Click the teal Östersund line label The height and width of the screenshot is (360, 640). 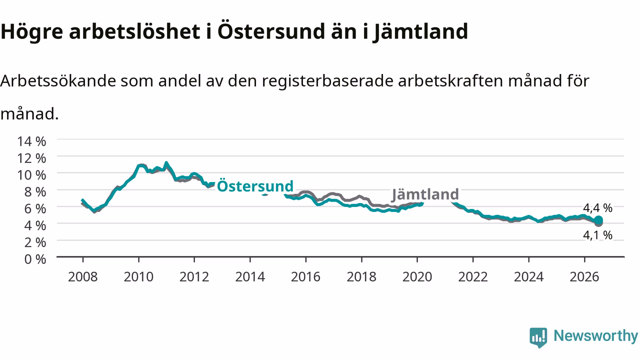pos(255,186)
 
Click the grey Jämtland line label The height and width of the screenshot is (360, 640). pos(425,194)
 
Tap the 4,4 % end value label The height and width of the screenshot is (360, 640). pos(597,208)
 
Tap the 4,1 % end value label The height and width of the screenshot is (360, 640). pos(597,235)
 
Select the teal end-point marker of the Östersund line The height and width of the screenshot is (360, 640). pos(598,220)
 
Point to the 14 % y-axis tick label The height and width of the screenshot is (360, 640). pos(31,141)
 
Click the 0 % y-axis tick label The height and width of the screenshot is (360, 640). pos(35,259)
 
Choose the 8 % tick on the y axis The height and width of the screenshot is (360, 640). pos(35,192)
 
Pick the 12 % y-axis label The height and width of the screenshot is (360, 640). pos(31,158)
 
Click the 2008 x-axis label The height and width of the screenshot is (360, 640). pos(83,277)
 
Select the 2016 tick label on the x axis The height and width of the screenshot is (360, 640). pos(305,277)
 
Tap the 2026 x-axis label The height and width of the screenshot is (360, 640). pos(584,277)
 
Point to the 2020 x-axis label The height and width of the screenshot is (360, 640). pos(417,277)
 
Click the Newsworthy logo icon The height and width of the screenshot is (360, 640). pos(538,337)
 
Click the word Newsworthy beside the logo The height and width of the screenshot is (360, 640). pos(595,335)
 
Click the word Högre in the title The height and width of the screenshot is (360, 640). pos(31,32)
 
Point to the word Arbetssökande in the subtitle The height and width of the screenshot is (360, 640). pos(58,81)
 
